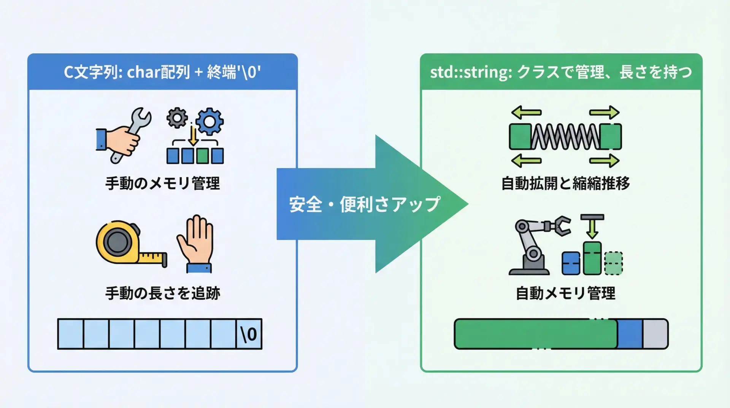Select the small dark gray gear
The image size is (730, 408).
tap(177, 118)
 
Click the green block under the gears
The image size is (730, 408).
tap(202, 156)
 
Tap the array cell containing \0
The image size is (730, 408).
tap(249, 334)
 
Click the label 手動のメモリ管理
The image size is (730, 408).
tap(163, 183)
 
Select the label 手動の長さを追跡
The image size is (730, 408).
tap(163, 293)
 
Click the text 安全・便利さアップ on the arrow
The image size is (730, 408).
tap(364, 204)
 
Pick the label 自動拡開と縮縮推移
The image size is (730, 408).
tap(565, 183)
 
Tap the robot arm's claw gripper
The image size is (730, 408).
tap(561, 225)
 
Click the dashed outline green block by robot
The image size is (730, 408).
tap(613, 263)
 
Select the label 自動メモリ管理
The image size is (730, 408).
tap(565, 293)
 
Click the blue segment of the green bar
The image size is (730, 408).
tap(630, 334)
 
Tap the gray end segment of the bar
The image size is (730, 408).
tap(655, 334)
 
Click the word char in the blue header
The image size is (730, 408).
tap(142, 72)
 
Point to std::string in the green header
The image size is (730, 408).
tap(471, 72)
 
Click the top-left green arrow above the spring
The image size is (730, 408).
tap(526, 112)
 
